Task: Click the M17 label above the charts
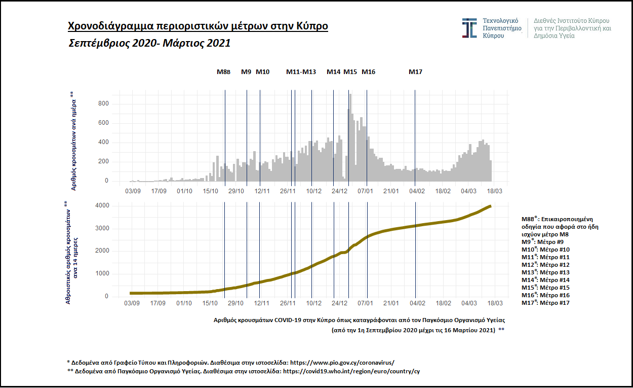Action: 415,72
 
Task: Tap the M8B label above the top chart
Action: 223,72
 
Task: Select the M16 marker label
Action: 368,72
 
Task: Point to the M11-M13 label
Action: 301,72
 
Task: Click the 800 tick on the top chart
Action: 103,104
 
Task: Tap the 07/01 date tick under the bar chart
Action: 366,191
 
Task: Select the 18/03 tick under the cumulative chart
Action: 495,303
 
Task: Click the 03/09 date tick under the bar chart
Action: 132,191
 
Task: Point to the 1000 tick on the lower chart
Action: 102,274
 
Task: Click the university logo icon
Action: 469,28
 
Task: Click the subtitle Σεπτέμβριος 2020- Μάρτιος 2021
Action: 149,44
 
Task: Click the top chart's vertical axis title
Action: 73,141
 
